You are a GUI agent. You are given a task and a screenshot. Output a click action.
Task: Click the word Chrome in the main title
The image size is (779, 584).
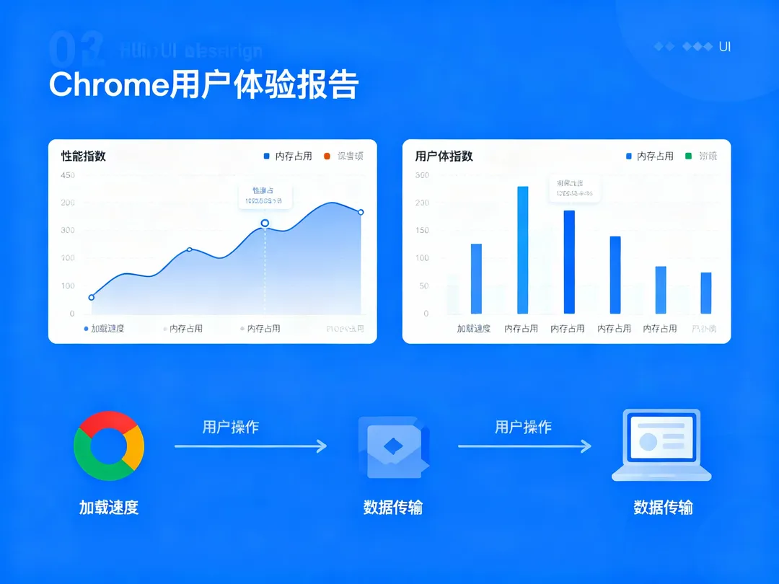[x=108, y=85]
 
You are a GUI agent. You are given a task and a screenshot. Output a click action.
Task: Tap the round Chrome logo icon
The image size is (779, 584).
[x=109, y=446]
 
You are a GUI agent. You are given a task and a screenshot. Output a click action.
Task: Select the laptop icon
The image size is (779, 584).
[x=661, y=445]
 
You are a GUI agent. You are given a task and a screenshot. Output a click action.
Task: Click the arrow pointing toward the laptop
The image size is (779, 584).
[x=524, y=447]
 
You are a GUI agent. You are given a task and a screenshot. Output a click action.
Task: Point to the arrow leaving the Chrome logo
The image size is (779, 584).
[x=250, y=447]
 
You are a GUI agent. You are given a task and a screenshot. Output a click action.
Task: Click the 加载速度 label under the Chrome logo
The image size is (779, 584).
[x=108, y=508]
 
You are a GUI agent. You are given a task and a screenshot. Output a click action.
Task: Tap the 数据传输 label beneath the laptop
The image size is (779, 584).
[x=663, y=508]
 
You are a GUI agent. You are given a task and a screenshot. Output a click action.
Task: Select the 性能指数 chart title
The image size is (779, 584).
[x=84, y=156]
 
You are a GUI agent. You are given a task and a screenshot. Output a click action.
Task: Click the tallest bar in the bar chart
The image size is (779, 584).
[x=523, y=249]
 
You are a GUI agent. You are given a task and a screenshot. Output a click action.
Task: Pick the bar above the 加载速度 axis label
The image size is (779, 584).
[x=476, y=278]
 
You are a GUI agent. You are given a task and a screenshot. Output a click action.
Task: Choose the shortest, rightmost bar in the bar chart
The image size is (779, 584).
[x=706, y=293]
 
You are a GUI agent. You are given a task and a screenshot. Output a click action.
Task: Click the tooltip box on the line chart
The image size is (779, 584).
[x=265, y=195]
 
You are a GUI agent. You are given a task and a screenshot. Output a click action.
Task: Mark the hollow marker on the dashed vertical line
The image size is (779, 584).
[x=265, y=223]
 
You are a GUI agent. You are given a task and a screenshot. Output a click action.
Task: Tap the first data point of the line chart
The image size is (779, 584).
[x=92, y=297]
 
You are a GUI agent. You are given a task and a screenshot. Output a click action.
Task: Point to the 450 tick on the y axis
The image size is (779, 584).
[x=68, y=175]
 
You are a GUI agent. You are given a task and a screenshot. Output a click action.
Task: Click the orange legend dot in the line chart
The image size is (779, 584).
[x=327, y=156]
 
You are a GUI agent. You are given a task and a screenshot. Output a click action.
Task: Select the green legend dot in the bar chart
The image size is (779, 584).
[x=687, y=156]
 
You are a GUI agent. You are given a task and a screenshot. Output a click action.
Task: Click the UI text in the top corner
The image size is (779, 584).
[x=725, y=47]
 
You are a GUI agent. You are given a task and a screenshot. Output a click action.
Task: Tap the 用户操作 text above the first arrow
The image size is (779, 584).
[x=230, y=427]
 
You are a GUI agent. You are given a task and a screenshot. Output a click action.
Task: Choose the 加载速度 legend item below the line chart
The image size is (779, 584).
[x=105, y=329]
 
